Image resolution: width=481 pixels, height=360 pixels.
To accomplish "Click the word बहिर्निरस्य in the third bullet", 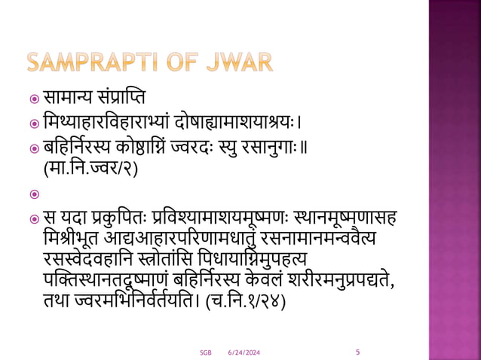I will point(83,146).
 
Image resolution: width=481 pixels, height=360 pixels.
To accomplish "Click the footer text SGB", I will point(205,352).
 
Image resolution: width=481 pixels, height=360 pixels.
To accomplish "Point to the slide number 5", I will point(357,351).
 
